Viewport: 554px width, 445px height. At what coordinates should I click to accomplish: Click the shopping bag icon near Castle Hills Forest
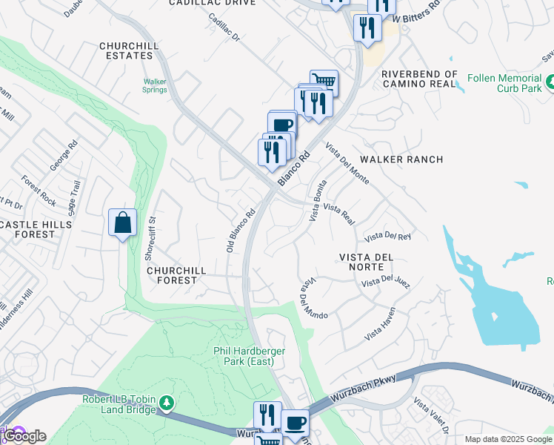(x=122, y=222)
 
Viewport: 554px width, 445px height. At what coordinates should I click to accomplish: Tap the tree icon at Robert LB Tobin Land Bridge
(x=167, y=403)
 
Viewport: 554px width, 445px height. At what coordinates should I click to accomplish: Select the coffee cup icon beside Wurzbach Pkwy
(x=295, y=423)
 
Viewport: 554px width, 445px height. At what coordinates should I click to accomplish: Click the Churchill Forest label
(x=172, y=275)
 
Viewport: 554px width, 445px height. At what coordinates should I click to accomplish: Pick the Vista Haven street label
(x=380, y=324)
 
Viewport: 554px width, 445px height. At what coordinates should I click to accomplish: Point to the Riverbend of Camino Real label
(x=420, y=79)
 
